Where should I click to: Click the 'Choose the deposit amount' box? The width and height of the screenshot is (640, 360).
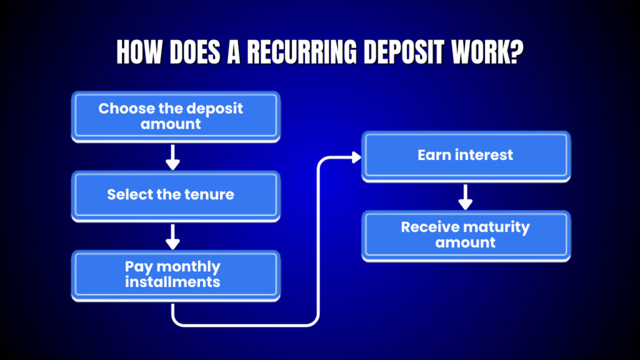click(x=175, y=116)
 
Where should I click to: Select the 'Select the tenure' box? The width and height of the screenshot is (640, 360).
click(x=175, y=194)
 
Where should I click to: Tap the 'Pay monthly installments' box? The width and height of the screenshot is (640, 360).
click(x=175, y=274)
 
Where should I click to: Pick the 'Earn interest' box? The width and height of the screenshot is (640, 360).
click(x=466, y=155)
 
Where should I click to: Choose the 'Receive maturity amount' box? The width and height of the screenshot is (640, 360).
click(x=466, y=234)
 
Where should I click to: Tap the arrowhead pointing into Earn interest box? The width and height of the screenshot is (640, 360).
click(x=356, y=157)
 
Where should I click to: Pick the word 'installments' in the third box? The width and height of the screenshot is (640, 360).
click(x=172, y=282)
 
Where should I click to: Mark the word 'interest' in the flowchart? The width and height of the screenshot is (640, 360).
click(x=485, y=155)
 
